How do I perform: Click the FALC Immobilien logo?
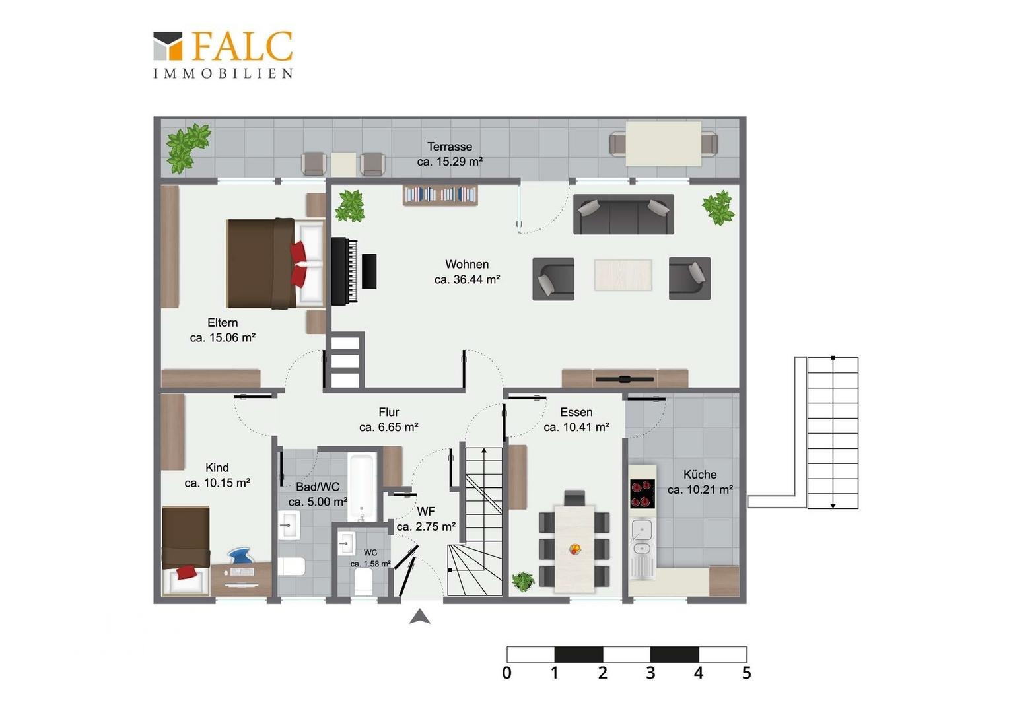pos(223,55)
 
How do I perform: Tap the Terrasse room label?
pos(450,147)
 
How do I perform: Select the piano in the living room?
pos(353,271)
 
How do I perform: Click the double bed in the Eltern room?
pos(275,263)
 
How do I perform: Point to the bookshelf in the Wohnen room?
pos(440,195)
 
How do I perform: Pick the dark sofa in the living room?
pos(623,215)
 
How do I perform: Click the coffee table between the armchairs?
pos(623,275)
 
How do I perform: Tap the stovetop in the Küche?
pos(643,494)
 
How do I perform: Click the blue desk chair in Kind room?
pos(240,556)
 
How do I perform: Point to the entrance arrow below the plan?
pos(420,617)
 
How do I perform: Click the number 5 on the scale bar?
pos(746,673)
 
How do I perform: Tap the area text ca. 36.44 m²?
pos(467,280)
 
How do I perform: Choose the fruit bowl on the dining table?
pos(575,549)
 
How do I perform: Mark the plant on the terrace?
pos(188,147)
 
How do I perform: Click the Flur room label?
pos(389,412)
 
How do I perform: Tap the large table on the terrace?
pos(663,144)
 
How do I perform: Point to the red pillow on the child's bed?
pos(187,572)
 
